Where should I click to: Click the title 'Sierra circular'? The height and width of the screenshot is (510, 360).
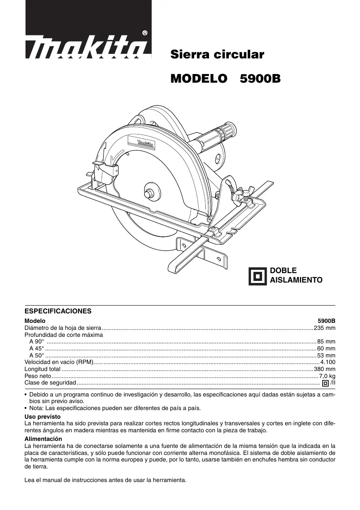click(217, 55)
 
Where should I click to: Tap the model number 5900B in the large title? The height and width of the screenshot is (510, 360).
click(260, 79)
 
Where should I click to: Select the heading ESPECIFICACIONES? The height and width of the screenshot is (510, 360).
click(58, 311)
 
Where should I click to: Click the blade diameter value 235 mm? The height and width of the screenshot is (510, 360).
click(325, 328)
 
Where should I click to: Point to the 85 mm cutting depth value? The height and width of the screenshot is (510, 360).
click(326, 342)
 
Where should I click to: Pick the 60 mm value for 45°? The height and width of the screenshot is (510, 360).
click(326, 349)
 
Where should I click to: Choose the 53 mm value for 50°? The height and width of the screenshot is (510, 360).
click(326, 355)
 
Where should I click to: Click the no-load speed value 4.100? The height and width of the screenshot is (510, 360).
click(328, 362)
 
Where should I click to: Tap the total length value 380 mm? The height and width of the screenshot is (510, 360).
click(325, 369)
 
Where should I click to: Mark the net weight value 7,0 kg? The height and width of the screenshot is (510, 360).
click(327, 376)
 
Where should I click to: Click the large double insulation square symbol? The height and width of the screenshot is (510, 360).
click(258, 276)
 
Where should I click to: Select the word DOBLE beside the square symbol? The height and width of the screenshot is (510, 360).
click(283, 271)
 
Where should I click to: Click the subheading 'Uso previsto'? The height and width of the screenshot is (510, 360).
click(42, 417)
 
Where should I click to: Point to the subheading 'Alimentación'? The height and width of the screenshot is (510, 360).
click(43, 439)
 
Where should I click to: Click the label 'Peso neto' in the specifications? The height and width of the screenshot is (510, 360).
click(38, 376)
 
